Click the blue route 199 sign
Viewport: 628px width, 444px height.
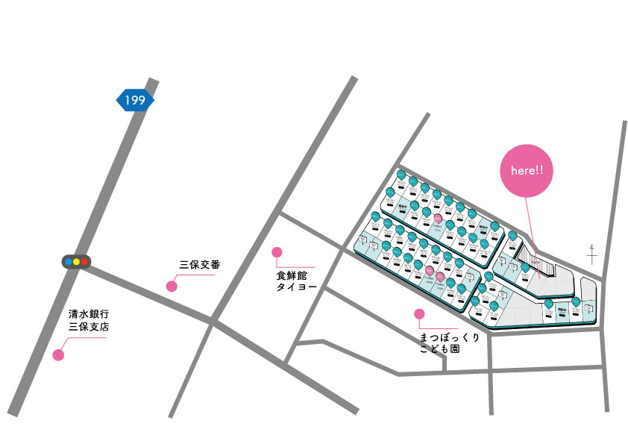coord(135,100)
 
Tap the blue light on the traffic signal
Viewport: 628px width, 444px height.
coord(69,262)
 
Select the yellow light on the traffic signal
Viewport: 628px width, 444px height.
coord(76,262)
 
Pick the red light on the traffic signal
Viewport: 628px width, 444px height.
coord(84,262)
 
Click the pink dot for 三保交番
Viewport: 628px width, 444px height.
coord(172,286)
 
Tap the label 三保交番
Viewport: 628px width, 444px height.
coord(199,264)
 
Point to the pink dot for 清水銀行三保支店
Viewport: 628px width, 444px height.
coord(58,354)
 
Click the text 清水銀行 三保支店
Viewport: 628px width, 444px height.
coord(90,320)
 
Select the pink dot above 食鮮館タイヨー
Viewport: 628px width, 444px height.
coord(277,252)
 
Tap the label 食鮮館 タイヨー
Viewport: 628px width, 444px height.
coord(296,281)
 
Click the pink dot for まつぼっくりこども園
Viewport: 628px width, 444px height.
coord(420,314)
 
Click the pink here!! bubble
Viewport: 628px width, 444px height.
coord(527,171)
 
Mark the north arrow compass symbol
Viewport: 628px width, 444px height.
coord(592,254)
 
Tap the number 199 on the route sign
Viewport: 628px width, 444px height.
coord(135,100)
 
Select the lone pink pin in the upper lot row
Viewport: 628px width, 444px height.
coord(438,218)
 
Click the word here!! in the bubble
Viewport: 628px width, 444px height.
coord(527,171)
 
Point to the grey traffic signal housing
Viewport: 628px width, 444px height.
coord(76,262)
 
